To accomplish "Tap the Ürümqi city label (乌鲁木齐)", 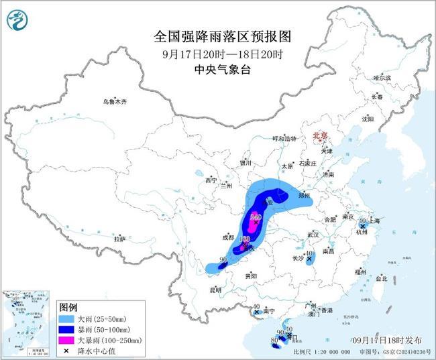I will (114, 102).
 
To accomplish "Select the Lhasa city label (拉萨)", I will (119, 239).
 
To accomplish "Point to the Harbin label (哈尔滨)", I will (382, 78).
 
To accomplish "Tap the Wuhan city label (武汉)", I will (312, 234).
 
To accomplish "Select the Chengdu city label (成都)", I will (228, 237).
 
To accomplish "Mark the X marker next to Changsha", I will (309, 259).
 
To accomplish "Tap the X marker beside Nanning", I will (257, 312).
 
